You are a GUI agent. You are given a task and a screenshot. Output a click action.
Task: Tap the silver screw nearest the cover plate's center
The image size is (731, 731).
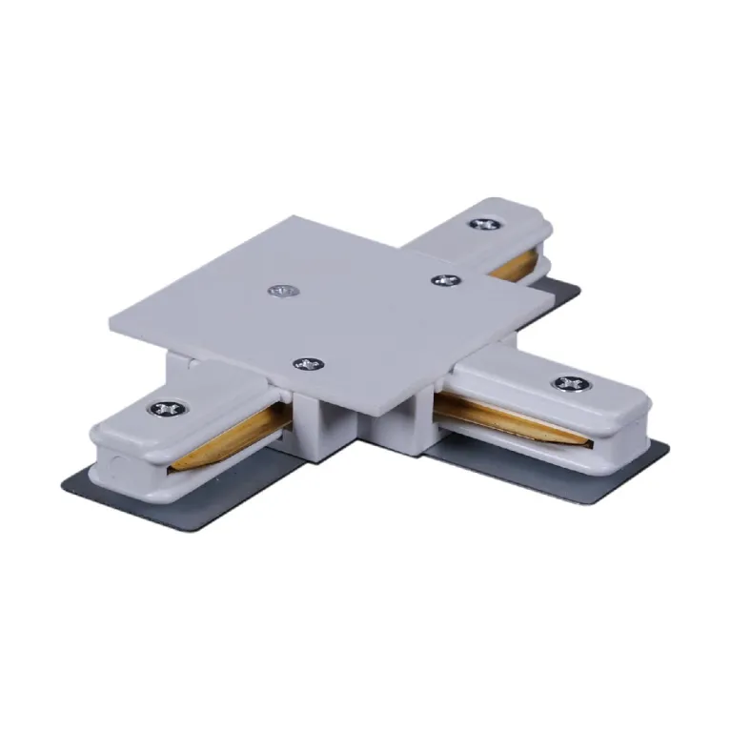[280, 290]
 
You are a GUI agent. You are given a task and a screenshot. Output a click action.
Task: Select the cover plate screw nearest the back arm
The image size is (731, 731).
[444, 280]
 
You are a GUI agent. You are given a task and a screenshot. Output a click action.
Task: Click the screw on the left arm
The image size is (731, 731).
[167, 409]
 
